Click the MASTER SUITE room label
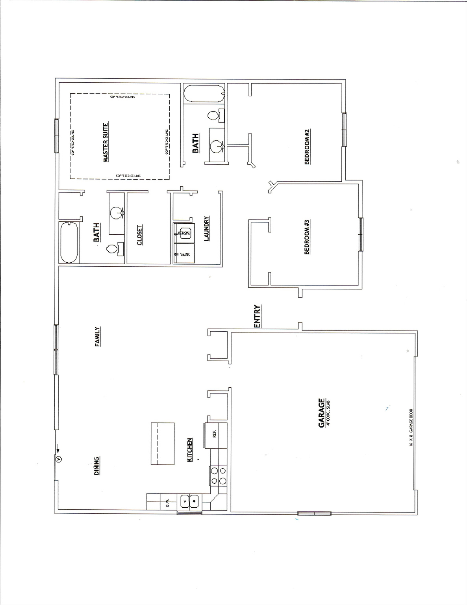(x=106, y=142)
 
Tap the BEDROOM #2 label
(x=308, y=147)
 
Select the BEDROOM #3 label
(x=308, y=237)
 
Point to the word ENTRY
(x=258, y=316)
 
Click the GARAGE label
(x=322, y=412)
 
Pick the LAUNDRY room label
(x=207, y=228)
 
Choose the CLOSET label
(x=140, y=235)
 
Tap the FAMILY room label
(x=97, y=337)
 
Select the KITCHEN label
(x=189, y=450)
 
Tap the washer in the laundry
(x=183, y=233)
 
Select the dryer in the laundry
(x=183, y=253)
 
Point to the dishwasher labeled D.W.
(x=167, y=503)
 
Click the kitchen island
(x=163, y=444)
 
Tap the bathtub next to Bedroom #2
(x=204, y=95)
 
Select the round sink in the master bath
(x=116, y=213)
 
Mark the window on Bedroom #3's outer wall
(x=360, y=234)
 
